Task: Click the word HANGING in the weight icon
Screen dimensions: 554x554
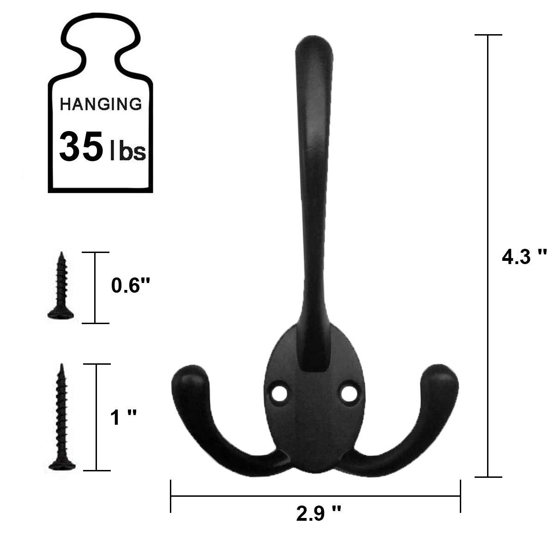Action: point(101,104)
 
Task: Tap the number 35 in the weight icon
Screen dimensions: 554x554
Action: point(80,146)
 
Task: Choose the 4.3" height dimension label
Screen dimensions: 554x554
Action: point(524,257)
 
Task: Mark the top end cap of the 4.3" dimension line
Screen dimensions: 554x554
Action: point(488,35)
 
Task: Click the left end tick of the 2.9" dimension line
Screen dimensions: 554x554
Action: point(171,496)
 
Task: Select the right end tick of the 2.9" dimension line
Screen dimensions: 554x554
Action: point(460,496)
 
